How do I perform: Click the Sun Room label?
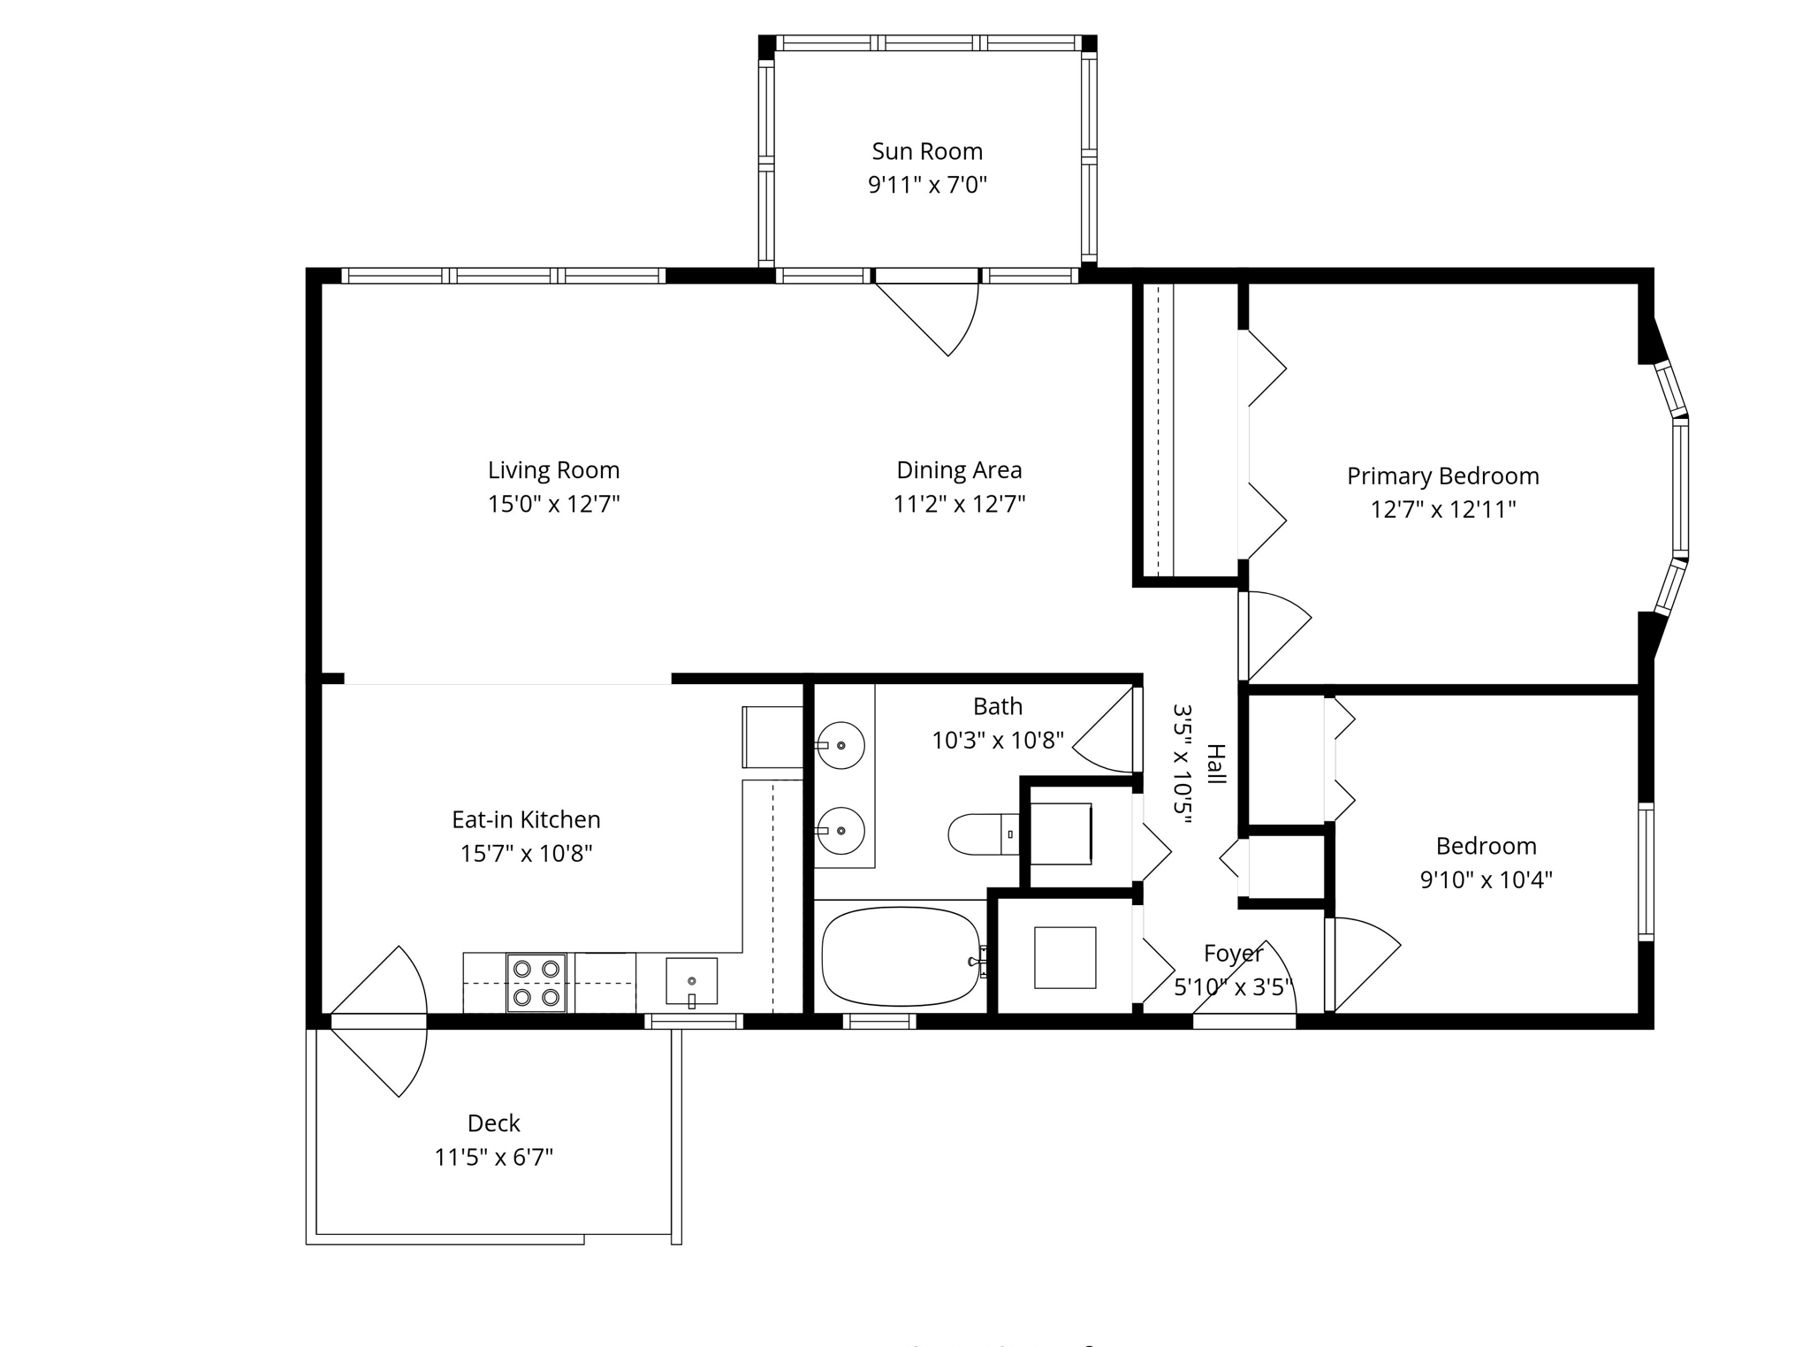926,151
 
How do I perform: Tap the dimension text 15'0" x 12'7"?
553,504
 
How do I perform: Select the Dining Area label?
959,469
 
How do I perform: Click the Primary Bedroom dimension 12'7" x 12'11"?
1442,509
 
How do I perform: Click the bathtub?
900,955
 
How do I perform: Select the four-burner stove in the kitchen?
536,982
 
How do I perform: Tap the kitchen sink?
691,981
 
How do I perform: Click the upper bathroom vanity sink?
840,745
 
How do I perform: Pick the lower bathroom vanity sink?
840,830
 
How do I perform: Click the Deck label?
493,1122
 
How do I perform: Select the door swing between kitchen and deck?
389,1021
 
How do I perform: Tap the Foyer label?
1233,954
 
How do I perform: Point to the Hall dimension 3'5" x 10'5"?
1183,764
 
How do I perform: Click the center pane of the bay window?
1680,487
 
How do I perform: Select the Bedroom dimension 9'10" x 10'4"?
1486,879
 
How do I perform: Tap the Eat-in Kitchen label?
526,819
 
